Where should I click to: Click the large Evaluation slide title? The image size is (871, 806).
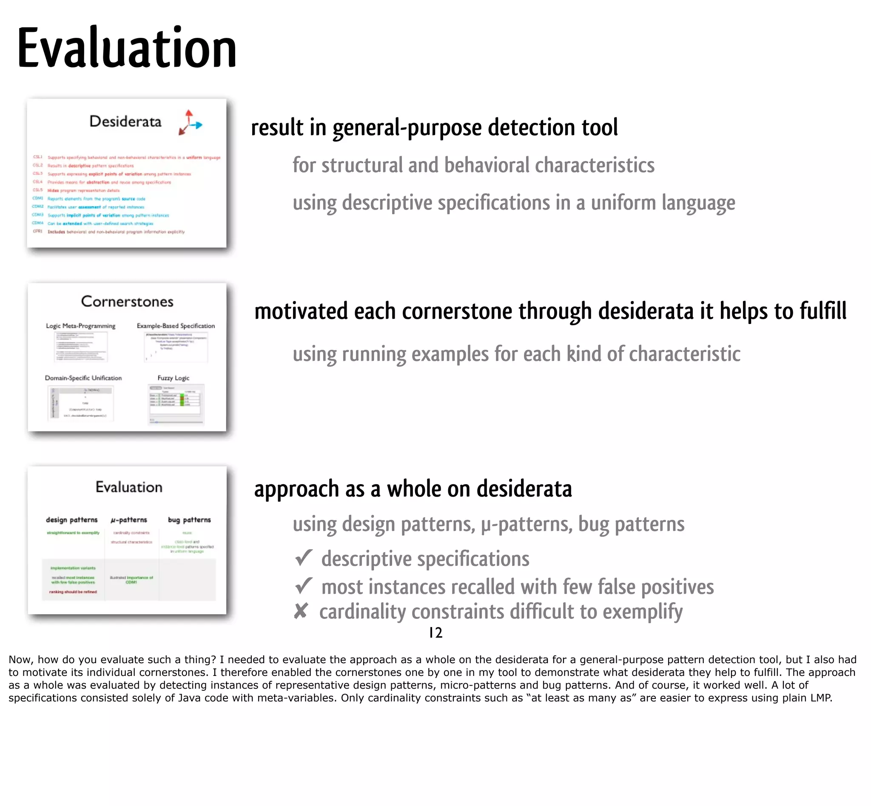pos(127,48)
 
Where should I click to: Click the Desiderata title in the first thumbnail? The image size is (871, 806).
pos(125,121)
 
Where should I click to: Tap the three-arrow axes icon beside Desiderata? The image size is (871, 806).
pos(190,122)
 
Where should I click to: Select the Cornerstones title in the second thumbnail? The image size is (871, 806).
pos(127,301)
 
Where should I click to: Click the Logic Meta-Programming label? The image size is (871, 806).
pos(81,326)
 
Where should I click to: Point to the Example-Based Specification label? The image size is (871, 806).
pos(175,326)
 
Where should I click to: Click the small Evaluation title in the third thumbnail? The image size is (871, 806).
pos(129,487)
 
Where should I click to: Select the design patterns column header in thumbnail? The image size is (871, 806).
pos(72,520)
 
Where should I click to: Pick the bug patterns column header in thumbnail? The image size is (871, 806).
pos(189,520)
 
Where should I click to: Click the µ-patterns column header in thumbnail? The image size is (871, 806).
pos(129,520)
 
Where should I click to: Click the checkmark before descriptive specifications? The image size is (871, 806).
pos(304,558)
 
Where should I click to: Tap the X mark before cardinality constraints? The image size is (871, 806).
pos(301,611)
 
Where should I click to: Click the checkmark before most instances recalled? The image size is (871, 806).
pos(304,586)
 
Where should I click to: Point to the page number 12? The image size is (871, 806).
pos(435,633)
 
